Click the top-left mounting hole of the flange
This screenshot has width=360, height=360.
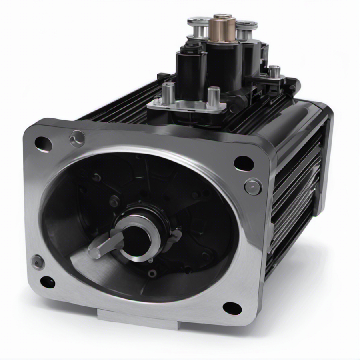(x=43, y=144)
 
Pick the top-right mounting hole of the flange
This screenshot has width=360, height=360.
(x=244, y=163)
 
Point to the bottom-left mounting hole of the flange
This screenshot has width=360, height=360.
(x=48, y=282)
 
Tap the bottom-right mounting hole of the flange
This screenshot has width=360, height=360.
(x=232, y=308)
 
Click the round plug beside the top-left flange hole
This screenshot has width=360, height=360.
(x=77, y=139)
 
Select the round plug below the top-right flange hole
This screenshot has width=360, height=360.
(x=253, y=187)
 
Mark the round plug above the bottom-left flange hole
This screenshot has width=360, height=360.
(x=38, y=262)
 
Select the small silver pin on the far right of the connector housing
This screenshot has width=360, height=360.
(x=274, y=72)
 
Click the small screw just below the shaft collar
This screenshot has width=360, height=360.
(x=152, y=273)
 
